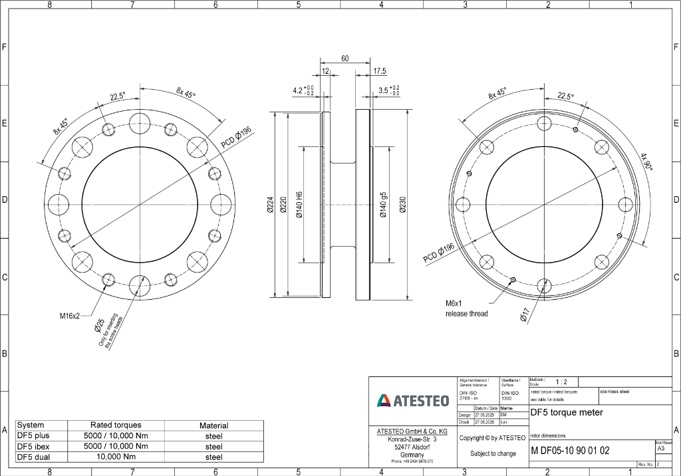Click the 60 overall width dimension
[x=345, y=59]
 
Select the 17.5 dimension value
[x=379, y=71]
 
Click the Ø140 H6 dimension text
[x=299, y=206]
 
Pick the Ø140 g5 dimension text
[x=383, y=206]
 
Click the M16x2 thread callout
[x=69, y=316]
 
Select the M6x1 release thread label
[x=466, y=308]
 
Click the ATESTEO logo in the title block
[x=413, y=400]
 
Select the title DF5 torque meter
[x=567, y=412]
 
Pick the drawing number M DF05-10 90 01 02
[x=570, y=451]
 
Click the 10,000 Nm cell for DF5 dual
[x=116, y=457]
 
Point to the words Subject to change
[x=493, y=453]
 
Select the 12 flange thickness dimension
[x=326, y=71]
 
